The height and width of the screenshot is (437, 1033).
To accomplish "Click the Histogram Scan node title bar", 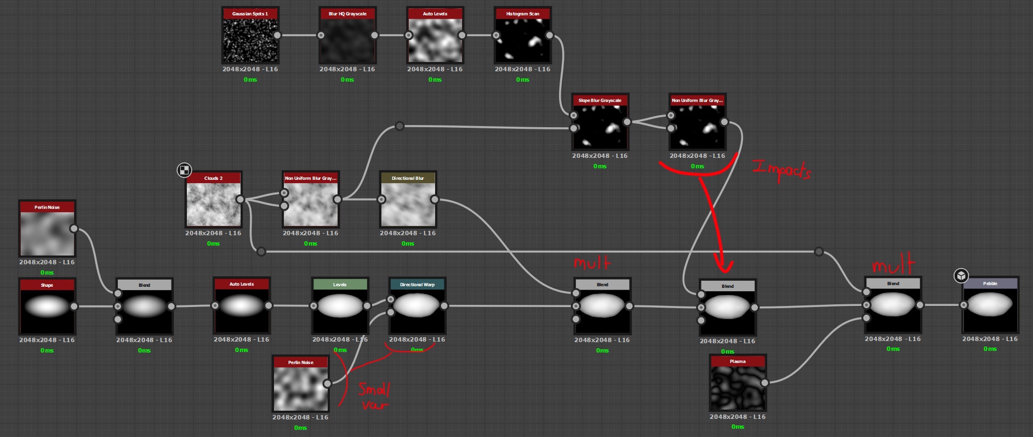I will tap(522, 14).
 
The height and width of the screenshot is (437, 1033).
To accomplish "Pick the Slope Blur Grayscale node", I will tap(600, 126).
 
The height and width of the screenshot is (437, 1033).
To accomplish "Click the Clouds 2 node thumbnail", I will tap(213, 203).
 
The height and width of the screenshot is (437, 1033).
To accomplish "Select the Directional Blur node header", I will tap(408, 178).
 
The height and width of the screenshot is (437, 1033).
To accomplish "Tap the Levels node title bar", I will tap(340, 285).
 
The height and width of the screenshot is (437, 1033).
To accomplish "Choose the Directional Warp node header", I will tap(417, 285).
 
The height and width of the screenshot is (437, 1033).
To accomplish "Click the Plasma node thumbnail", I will tap(738, 387).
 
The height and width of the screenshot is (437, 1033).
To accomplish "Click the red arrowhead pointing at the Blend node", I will tap(724, 265).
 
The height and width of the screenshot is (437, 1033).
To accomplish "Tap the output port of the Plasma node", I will tap(764, 383).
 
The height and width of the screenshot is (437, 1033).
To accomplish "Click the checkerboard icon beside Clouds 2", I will tap(184, 170).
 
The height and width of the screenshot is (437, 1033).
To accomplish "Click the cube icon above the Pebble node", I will tap(961, 275).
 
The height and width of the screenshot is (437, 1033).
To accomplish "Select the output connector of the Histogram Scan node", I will tap(549, 36).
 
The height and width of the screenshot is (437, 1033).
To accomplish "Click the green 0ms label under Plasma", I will tap(738, 427).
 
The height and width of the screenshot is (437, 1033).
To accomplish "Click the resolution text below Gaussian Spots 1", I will tap(250, 70).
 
